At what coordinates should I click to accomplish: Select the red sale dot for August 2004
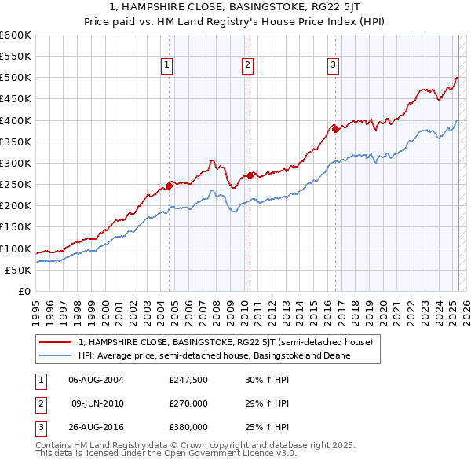[x=170, y=186]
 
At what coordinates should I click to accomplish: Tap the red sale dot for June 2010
[x=250, y=175]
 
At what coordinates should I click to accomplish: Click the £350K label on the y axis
[x=16, y=142]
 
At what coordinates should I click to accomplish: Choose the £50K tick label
[x=18, y=270]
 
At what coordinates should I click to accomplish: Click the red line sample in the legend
[x=56, y=342]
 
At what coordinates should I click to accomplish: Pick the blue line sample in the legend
[x=56, y=355]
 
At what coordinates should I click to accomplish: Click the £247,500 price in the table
[x=188, y=379]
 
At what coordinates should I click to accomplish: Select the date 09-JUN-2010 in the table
[x=98, y=403]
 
